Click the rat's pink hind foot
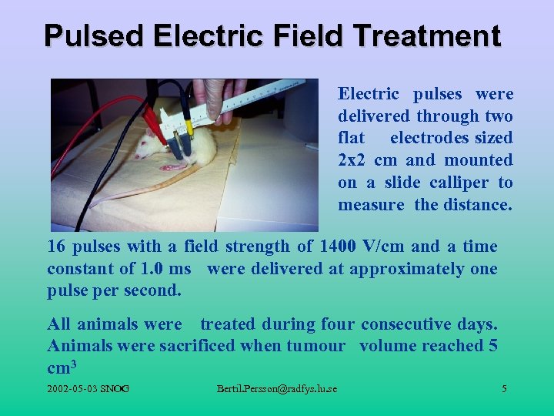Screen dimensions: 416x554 pos(174,166)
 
